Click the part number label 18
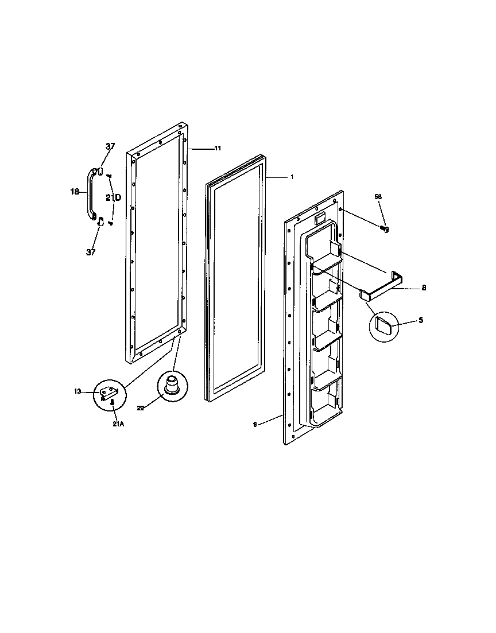click(74, 192)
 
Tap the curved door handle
click(90, 193)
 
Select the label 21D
click(113, 197)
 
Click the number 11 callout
click(218, 149)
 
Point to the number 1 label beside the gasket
click(292, 177)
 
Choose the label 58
click(378, 197)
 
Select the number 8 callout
click(424, 288)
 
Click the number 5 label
click(421, 320)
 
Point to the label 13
click(77, 391)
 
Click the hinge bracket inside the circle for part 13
click(108, 393)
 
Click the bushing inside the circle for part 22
click(172, 384)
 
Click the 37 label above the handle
click(110, 146)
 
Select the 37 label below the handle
click(91, 252)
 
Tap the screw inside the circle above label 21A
click(113, 404)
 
